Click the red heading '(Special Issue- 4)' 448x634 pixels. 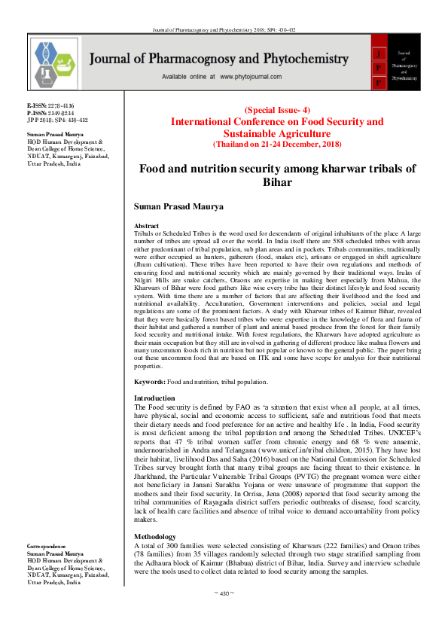277,110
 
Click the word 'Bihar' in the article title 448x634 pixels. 276,182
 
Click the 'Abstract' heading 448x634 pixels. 146,226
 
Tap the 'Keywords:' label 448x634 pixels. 149,383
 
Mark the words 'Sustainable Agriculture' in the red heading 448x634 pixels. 277,132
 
